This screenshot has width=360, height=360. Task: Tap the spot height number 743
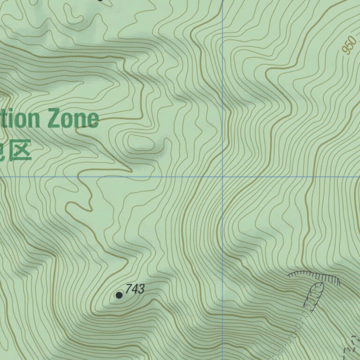point(135,289)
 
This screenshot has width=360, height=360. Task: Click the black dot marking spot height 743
point(119,295)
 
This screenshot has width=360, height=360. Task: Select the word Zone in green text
point(73,119)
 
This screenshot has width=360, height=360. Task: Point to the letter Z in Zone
point(53,119)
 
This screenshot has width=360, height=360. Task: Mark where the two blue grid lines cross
point(223,177)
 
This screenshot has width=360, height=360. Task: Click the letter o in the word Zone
point(66,120)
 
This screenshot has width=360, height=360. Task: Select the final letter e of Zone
point(92,120)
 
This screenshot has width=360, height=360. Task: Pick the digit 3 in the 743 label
point(141,289)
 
